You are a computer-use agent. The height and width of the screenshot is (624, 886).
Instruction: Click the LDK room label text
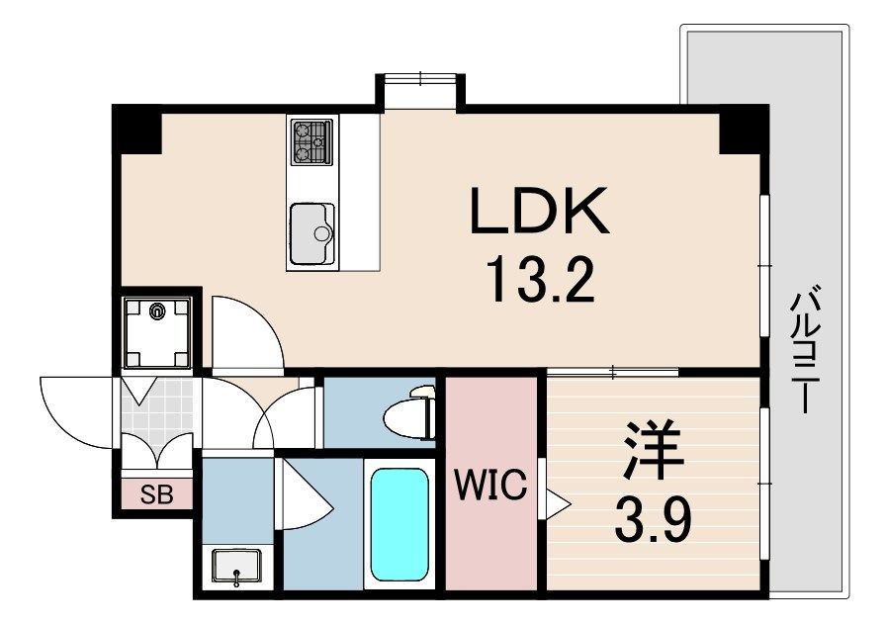539,211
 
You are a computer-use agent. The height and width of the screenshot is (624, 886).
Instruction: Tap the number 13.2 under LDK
539,281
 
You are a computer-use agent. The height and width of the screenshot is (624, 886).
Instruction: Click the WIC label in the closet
491,487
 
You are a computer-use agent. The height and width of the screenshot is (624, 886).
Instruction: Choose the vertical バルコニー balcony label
803,351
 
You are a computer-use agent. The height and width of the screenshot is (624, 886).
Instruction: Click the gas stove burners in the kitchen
311,142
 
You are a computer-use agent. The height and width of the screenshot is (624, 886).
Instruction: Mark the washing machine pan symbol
157,330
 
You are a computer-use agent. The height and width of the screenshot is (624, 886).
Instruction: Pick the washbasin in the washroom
236,567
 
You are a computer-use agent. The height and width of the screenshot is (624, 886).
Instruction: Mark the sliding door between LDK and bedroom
613,373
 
